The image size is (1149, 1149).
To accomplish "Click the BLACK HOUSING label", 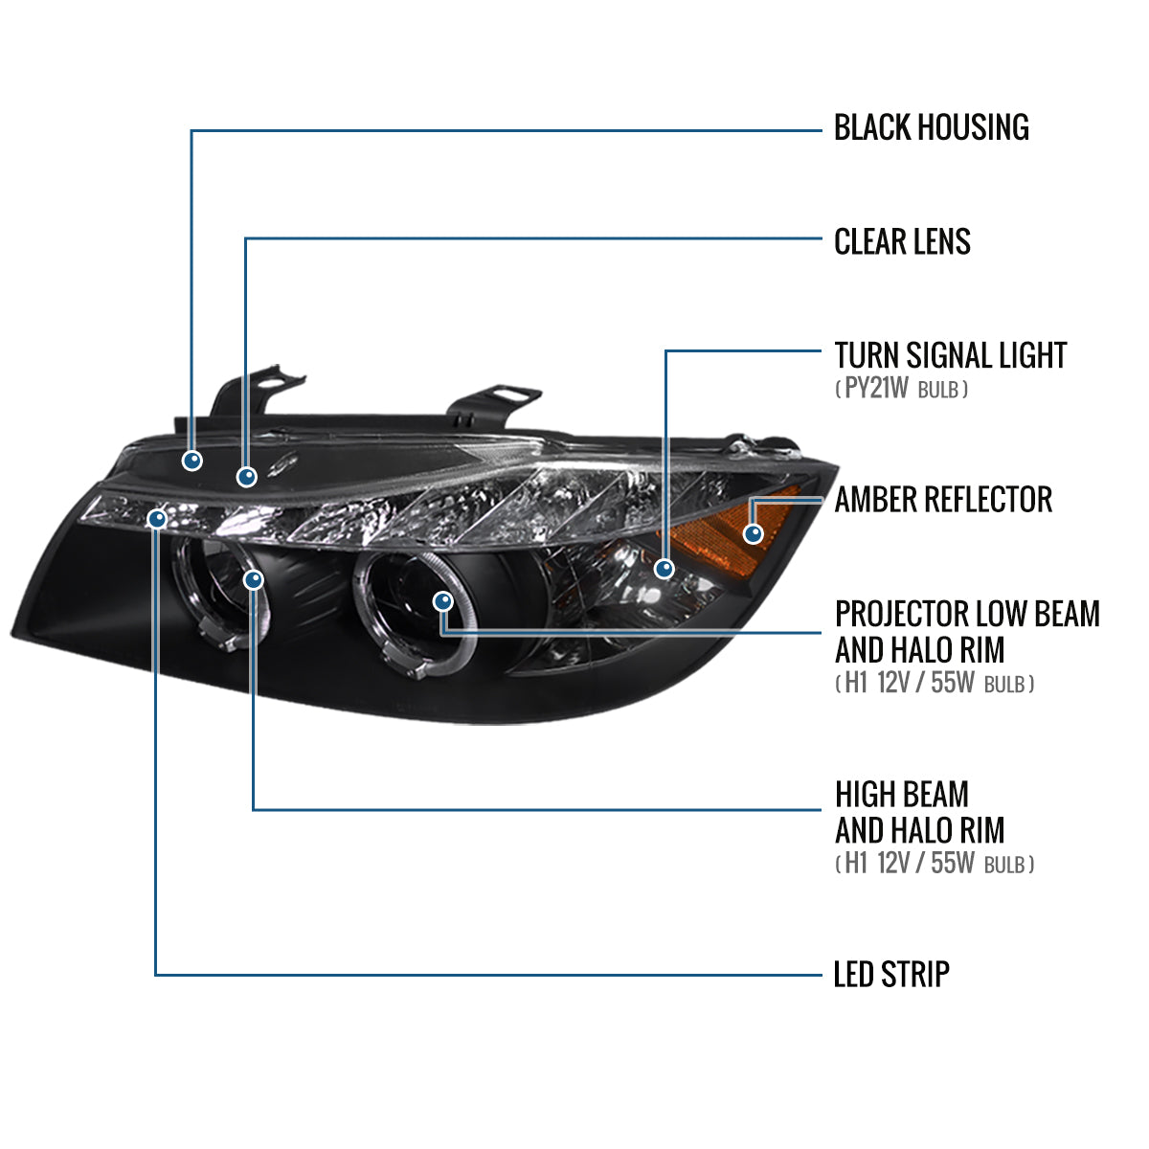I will [931, 127].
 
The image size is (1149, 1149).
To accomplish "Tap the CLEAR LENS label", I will [902, 241].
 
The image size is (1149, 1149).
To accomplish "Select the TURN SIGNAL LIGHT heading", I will [950, 355].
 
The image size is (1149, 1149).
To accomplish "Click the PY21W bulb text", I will [901, 389].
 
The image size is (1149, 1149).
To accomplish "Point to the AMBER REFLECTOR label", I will [943, 499].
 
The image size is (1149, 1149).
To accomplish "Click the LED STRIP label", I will [891, 975].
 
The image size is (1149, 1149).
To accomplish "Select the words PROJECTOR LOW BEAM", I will [967, 614].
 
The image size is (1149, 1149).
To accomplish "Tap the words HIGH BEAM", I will [901, 794].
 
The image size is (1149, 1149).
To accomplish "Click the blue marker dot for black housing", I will [192, 461].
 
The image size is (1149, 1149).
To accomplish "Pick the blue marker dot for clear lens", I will [247, 476].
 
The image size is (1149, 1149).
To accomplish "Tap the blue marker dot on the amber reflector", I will [754, 533].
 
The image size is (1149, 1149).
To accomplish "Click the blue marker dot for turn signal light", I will [665, 569].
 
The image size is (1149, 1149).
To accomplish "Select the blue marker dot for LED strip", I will [157, 519].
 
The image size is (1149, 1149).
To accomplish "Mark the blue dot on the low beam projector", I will [442, 601].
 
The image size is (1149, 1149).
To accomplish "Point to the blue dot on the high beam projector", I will [254, 579].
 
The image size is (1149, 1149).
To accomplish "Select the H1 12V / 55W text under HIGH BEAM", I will [934, 864].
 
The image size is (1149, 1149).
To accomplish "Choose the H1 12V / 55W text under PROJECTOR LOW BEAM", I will [934, 684].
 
